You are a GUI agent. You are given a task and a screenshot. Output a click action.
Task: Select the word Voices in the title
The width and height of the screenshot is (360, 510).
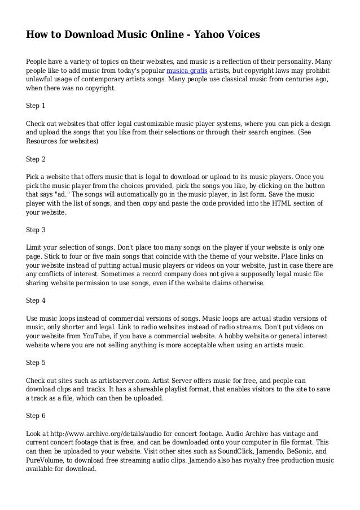[x=243, y=35]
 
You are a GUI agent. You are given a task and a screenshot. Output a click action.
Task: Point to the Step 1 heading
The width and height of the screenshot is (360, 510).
[x=36, y=105]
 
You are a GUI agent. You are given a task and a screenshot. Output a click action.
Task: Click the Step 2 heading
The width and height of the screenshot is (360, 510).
[x=36, y=159]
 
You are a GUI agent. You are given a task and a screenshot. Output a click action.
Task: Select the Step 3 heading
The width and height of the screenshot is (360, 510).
[x=36, y=230]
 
